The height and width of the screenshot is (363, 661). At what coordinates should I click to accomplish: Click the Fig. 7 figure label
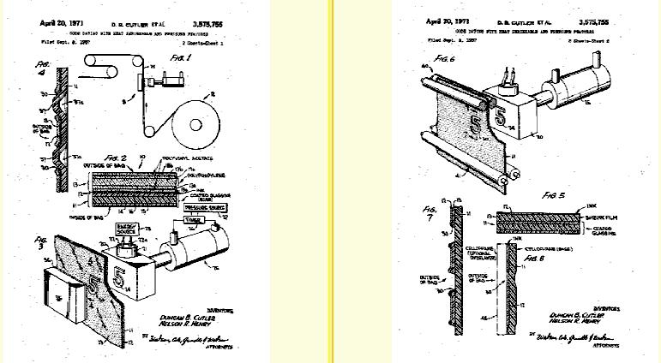click(x=430, y=211)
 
